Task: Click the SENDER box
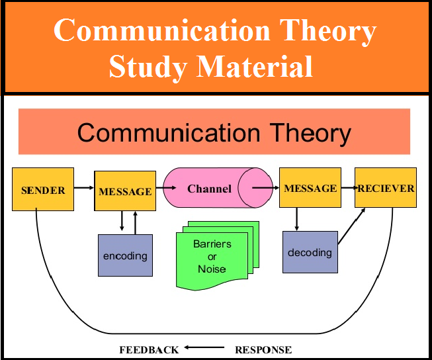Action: (x=43, y=189)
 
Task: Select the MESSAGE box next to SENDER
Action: (x=125, y=191)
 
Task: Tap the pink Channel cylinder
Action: (x=218, y=188)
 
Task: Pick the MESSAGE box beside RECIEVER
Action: (x=310, y=187)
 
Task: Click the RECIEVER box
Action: (x=386, y=187)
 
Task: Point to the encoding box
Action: (x=125, y=255)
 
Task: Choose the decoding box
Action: (x=310, y=252)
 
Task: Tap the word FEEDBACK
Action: (x=149, y=350)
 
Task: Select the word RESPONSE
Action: (x=263, y=350)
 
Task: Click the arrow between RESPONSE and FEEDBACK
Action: (x=204, y=347)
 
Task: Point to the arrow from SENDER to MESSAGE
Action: (x=84, y=188)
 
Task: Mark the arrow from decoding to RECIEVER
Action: (x=351, y=226)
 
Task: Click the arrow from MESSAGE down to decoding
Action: (x=296, y=219)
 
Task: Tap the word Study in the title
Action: (x=148, y=67)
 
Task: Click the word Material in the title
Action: (x=255, y=66)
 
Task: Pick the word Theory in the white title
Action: (x=328, y=31)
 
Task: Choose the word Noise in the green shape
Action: (x=212, y=269)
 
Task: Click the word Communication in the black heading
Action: (x=169, y=133)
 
